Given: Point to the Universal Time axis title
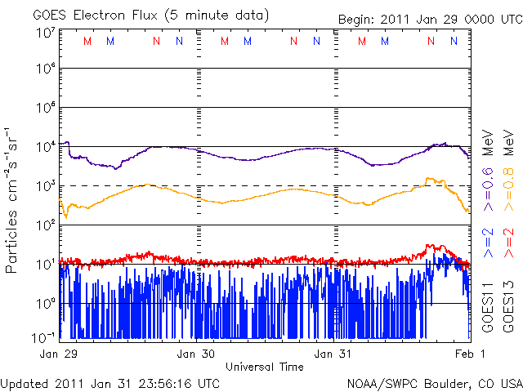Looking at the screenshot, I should tap(264, 367).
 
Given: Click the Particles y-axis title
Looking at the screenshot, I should tap(13, 199).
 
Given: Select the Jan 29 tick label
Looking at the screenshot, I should tap(59, 354).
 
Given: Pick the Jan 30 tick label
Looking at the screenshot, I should tap(196, 354).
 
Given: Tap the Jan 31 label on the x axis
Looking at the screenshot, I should tap(334, 354).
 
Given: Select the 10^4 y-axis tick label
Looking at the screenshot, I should tap(45, 147).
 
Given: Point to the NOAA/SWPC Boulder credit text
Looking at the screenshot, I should tap(434, 382).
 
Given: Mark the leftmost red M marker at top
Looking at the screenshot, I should tap(87, 41).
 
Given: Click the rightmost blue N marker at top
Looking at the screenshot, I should tap(454, 41).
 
